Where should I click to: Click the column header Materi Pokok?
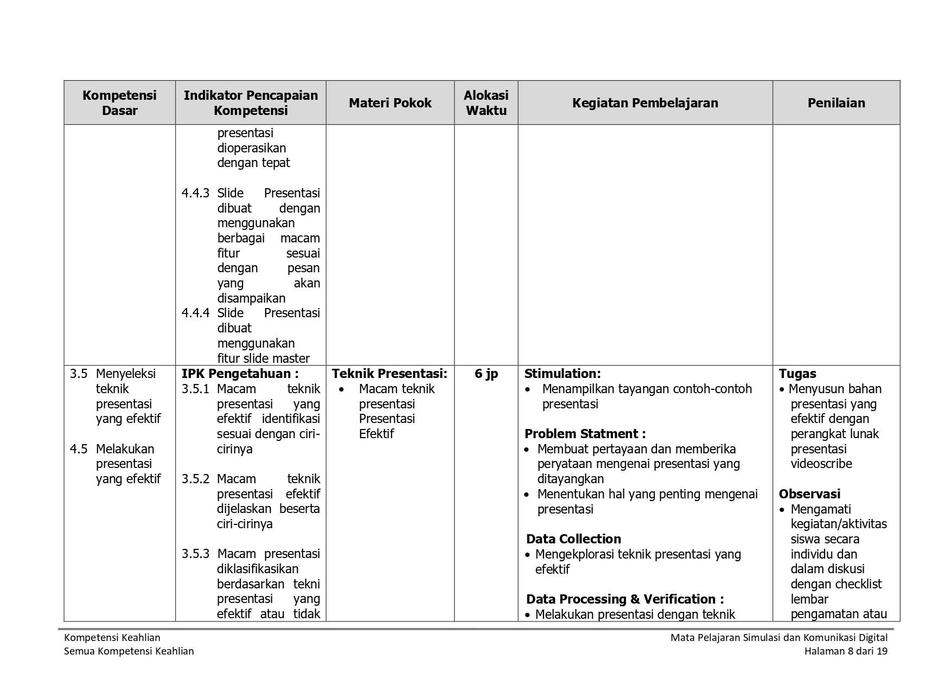390,103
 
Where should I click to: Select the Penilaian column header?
836,103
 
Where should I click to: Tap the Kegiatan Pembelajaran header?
645,103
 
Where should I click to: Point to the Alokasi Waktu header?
486,103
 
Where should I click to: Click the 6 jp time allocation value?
486,374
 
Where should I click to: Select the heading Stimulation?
563,374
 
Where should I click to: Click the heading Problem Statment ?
585,434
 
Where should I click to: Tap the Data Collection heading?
573,539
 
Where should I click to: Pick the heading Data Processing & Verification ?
625,599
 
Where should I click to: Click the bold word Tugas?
797,374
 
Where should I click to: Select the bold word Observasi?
809,494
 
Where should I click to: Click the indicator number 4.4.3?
195,194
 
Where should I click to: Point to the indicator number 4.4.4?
195,313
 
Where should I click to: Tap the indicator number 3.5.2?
195,479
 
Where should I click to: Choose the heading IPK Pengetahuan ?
240,374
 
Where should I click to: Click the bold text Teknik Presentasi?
389,374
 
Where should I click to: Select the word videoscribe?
821,464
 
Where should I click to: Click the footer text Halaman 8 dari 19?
846,651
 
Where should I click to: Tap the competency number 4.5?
79,449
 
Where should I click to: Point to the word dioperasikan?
251,148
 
